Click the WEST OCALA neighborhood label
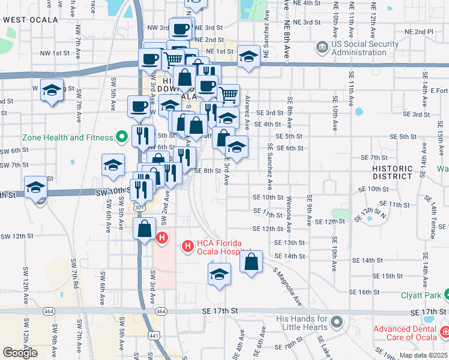[x=31, y=20]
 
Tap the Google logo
[x=20, y=352]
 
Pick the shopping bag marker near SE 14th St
[x=252, y=262]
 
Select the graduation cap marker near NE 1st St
[x=248, y=56]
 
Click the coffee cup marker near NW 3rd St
[x=180, y=28]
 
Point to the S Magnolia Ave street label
[x=286, y=284]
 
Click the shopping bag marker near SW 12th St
[x=145, y=229]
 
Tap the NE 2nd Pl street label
[x=419, y=31]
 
